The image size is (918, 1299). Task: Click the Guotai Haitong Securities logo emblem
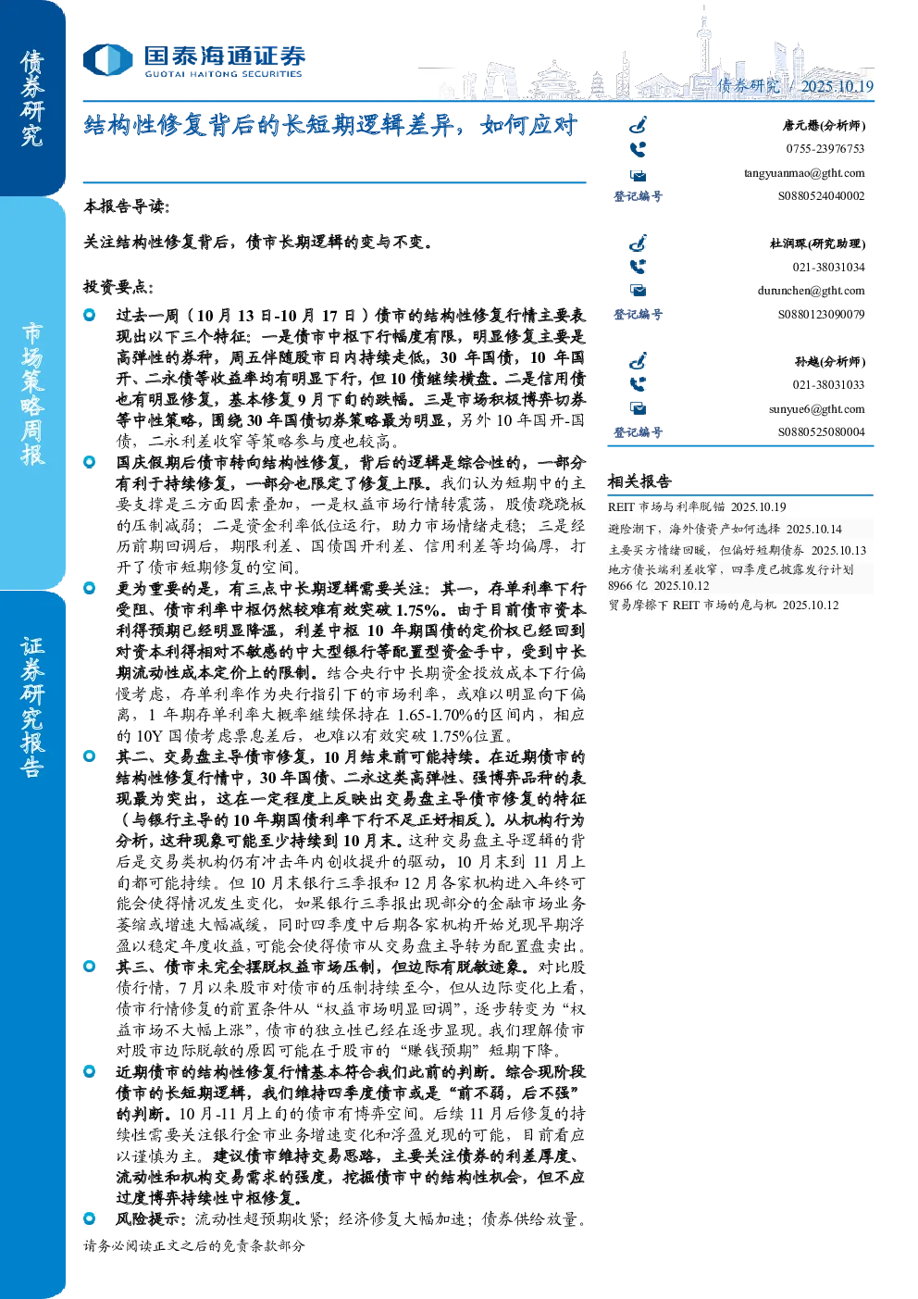click(108, 60)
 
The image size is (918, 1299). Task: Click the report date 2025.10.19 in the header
click(837, 86)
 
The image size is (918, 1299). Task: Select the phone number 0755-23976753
click(825, 149)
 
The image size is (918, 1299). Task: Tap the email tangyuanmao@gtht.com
click(804, 173)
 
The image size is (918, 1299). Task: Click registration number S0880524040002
click(821, 196)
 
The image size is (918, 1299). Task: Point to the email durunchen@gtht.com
click(811, 291)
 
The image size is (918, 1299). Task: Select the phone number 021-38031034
click(828, 268)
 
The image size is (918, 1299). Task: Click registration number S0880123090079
click(821, 314)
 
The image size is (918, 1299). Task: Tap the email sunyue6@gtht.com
click(816, 409)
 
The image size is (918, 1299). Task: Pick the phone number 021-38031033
click(828, 385)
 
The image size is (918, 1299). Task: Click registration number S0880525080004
click(821, 432)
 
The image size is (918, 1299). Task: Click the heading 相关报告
click(639, 481)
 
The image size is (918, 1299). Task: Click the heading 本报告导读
click(127, 206)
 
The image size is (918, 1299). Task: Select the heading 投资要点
click(118, 286)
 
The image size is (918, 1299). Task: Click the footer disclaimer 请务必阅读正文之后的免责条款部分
click(193, 1245)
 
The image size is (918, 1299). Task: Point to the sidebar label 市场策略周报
click(32, 393)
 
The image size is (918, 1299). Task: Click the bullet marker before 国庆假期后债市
click(89, 462)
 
